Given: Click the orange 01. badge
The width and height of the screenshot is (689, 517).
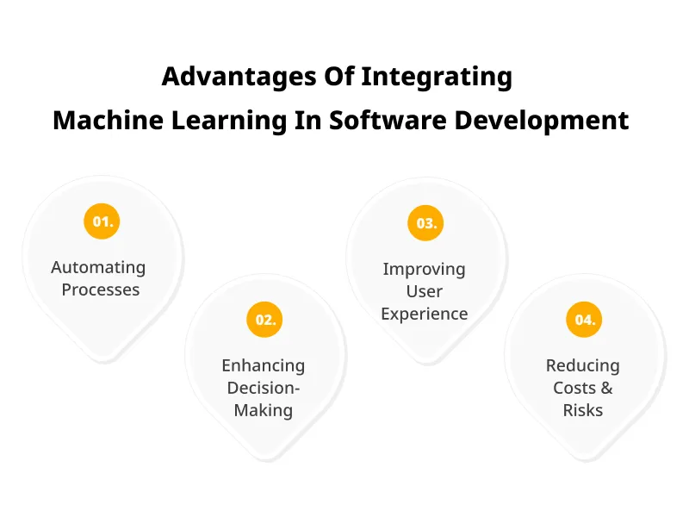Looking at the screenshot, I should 102,221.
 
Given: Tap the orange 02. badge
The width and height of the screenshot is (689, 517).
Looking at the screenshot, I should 265,320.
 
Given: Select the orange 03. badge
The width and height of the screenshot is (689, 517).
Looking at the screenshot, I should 426,223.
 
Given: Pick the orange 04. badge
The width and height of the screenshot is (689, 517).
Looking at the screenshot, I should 585,320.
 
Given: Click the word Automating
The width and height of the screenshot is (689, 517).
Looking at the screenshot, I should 98,268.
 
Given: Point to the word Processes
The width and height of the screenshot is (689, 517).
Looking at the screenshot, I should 101,290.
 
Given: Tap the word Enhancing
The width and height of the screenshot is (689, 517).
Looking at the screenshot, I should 263,365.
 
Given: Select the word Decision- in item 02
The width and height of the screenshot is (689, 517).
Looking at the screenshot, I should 263,388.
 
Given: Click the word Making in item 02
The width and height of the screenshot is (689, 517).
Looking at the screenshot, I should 263,410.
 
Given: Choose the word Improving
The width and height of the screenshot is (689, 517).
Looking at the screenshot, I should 424,269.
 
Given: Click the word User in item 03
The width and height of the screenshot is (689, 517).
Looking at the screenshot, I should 424,291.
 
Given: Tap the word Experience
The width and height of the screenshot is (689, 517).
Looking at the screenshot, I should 424,314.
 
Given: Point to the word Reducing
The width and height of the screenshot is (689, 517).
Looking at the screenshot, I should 582,365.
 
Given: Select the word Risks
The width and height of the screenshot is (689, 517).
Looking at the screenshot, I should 582,410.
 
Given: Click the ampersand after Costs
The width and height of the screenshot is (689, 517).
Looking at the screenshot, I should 605,388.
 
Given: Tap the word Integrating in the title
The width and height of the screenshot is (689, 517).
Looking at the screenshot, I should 437,78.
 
